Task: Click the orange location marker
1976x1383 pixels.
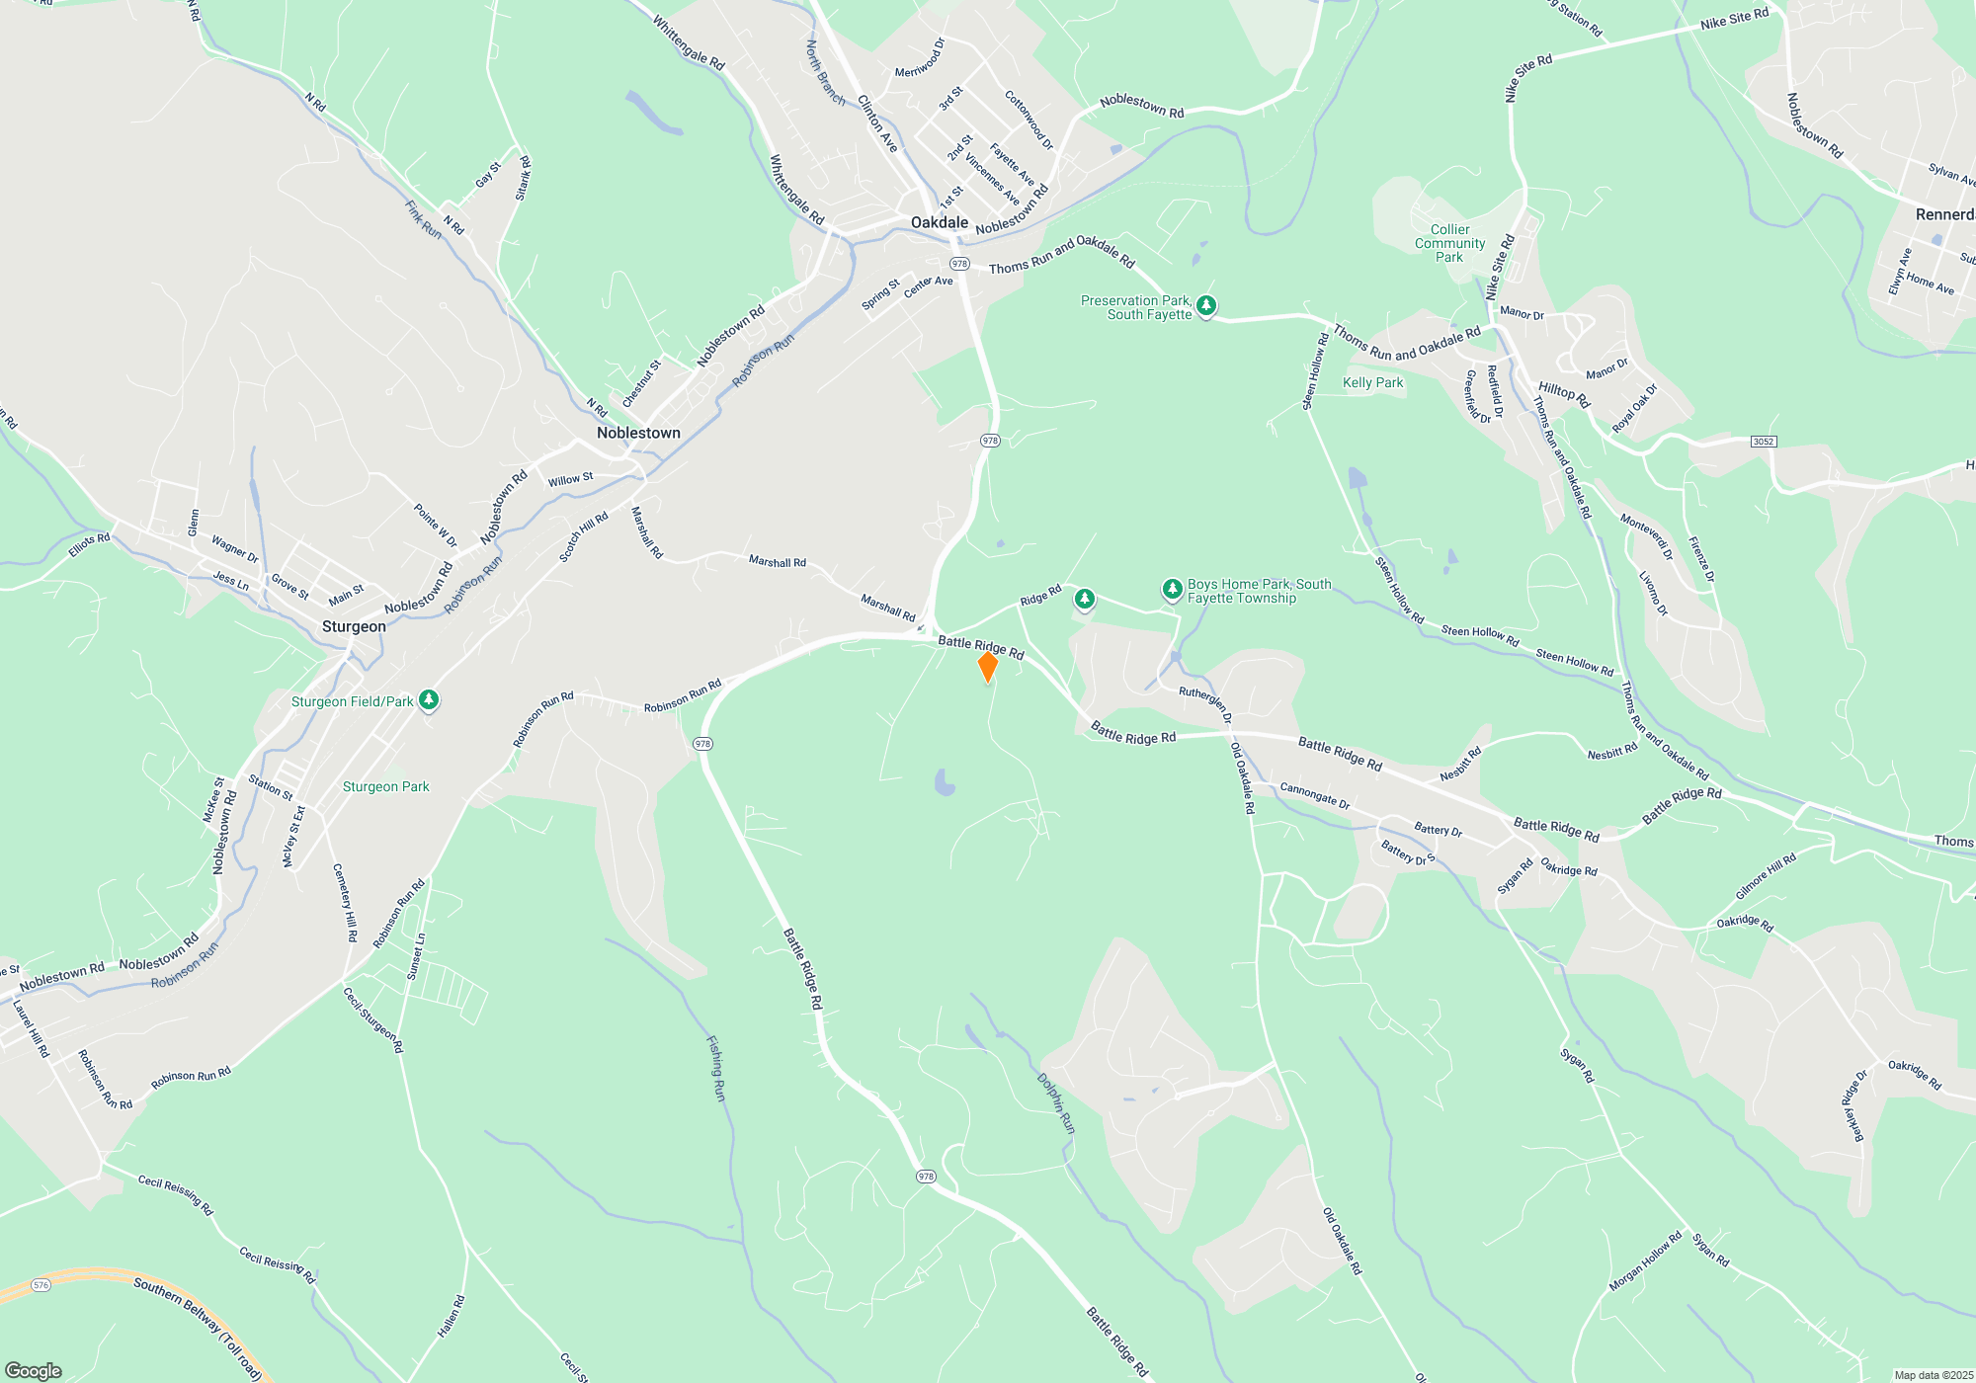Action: click(x=987, y=667)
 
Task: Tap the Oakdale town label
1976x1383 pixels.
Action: click(x=940, y=222)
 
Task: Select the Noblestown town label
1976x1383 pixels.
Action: click(x=638, y=433)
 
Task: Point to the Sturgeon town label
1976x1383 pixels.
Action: click(x=354, y=626)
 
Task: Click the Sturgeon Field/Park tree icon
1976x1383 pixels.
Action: click(x=428, y=700)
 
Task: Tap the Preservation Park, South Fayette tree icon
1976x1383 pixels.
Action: click(x=1205, y=306)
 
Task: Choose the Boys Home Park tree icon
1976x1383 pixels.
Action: click(x=1172, y=590)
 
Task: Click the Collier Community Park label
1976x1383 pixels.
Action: click(x=1449, y=243)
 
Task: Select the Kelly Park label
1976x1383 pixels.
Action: click(x=1372, y=382)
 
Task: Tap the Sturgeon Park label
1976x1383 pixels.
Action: click(x=385, y=786)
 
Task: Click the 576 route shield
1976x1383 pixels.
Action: click(x=41, y=1285)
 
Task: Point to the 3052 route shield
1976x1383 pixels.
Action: click(x=1764, y=442)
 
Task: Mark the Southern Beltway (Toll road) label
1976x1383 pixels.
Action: click(x=198, y=1328)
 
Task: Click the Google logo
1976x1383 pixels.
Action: click(x=34, y=1370)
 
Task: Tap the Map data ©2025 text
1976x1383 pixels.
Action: click(x=1933, y=1375)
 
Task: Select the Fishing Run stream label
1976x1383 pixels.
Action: click(x=716, y=1068)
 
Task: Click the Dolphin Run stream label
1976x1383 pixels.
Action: click(x=1055, y=1102)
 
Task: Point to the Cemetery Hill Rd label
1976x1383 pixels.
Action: click(x=345, y=902)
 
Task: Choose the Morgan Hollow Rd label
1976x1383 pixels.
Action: click(x=1645, y=1261)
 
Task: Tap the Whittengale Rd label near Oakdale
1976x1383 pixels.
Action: click(x=796, y=190)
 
